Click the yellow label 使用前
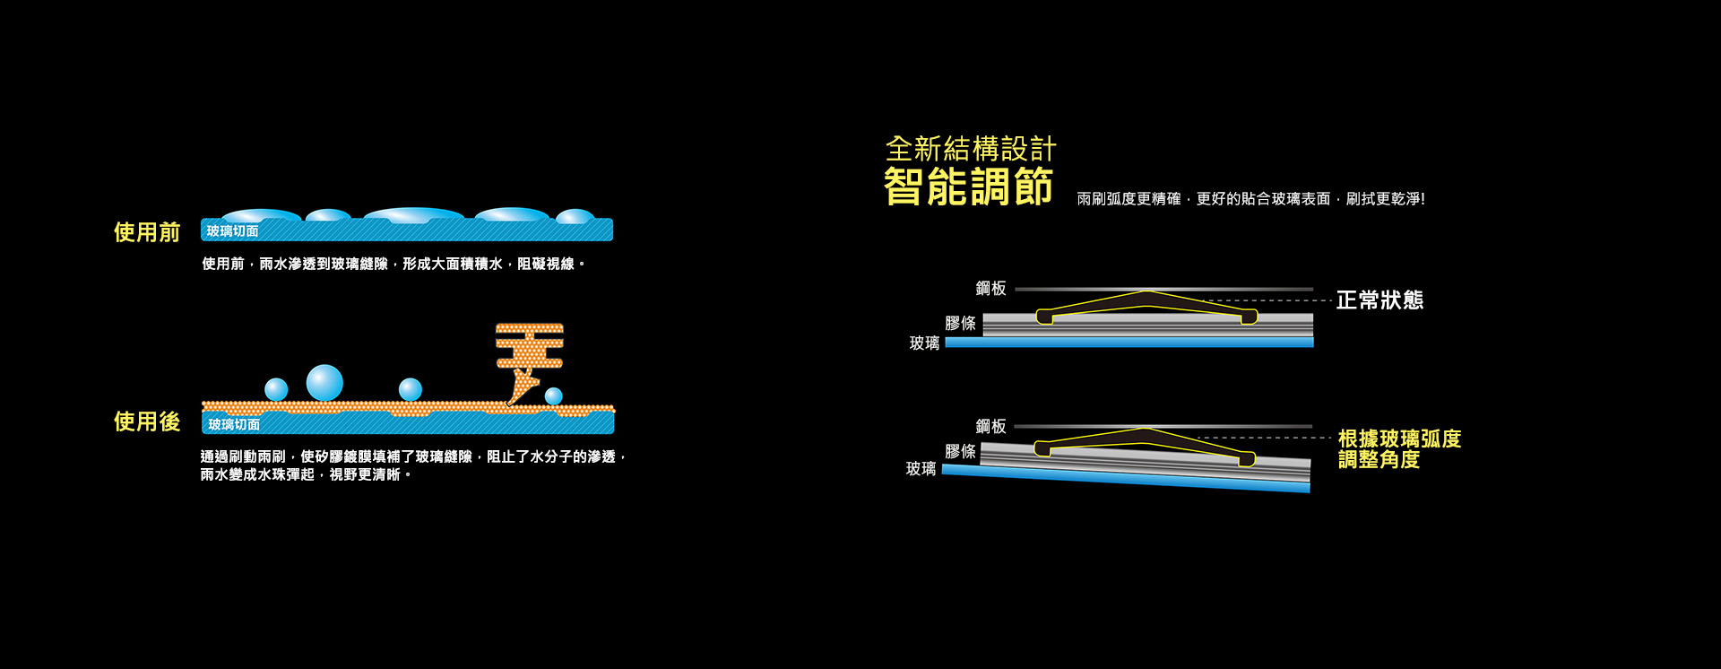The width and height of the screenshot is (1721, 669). point(147,232)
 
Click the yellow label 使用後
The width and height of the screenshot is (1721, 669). point(147,421)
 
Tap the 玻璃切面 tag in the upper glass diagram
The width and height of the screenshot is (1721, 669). point(233,231)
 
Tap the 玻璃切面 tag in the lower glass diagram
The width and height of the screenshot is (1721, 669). point(234,424)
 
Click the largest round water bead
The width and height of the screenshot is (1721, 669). point(324,383)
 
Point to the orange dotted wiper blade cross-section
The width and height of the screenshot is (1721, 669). point(529,350)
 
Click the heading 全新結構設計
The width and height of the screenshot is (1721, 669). point(971,149)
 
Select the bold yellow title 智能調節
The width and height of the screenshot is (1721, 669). point(968,187)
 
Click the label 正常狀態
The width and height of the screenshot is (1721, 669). point(1379,300)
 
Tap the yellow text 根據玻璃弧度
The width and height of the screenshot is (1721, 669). point(1399,439)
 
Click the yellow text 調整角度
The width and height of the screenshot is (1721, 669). point(1379,460)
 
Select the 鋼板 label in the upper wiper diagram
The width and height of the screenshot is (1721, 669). point(990,288)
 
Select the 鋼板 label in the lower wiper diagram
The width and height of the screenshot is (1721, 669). point(990,426)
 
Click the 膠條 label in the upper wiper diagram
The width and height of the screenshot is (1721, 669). point(960,323)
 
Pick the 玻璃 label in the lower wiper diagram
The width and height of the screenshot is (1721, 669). point(921,468)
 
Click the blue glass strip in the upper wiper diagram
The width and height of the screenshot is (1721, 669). point(1129,342)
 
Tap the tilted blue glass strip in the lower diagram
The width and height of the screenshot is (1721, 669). point(1126,479)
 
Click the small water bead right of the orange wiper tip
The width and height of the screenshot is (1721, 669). point(554,395)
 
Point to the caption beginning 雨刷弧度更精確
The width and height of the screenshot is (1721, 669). point(1250,199)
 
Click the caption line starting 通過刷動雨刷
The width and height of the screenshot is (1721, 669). point(412,457)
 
